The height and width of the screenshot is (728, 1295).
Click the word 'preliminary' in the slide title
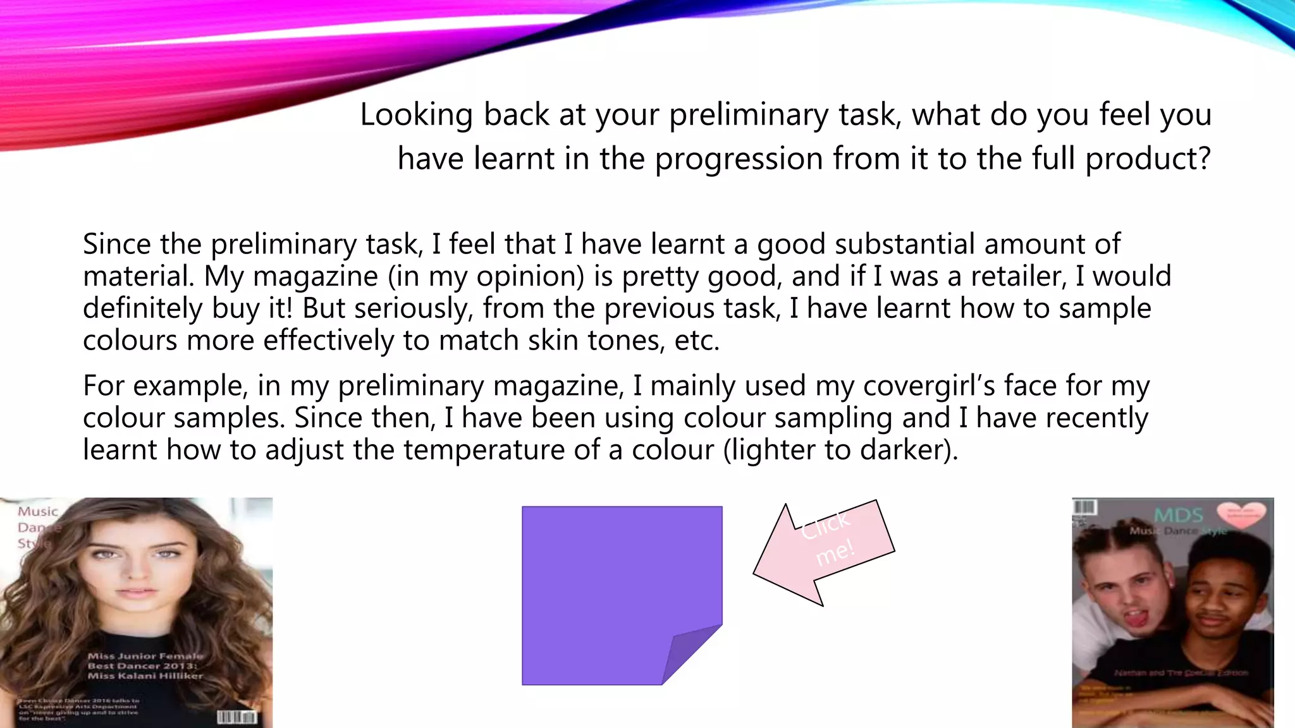[749, 115]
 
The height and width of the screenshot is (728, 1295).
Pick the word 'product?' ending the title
[1148, 158]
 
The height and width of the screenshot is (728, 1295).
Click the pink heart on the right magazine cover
[1241, 515]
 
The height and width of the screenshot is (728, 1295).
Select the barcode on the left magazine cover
[236, 717]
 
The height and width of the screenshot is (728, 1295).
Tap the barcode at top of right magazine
[1084, 507]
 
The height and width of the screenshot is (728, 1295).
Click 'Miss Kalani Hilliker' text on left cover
[145, 676]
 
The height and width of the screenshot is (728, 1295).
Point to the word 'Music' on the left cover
[37, 511]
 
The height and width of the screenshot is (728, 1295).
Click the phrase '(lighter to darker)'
[840, 450]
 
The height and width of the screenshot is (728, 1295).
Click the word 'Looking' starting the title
[416, 115]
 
